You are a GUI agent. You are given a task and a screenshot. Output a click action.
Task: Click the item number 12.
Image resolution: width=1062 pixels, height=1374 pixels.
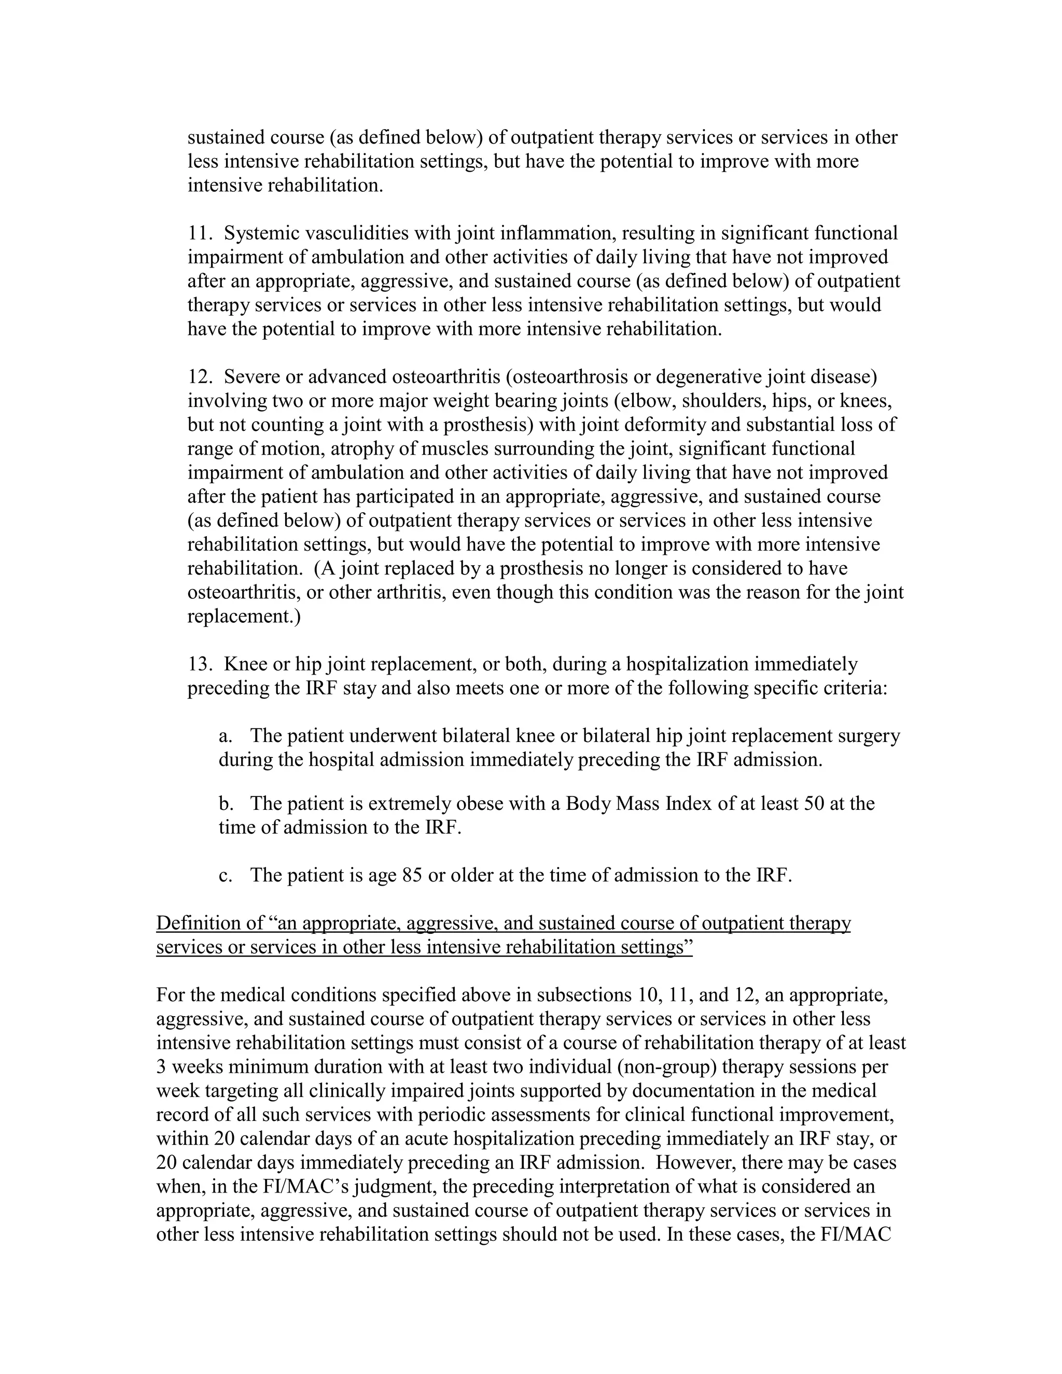pos(200,377)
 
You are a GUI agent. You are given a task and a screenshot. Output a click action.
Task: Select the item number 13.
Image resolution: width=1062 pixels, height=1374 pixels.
pos(200,664)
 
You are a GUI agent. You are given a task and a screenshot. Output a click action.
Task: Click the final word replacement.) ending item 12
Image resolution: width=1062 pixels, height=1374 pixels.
pos(244,616)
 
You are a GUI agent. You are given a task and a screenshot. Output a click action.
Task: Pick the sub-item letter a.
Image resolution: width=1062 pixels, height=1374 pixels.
pos(223,736)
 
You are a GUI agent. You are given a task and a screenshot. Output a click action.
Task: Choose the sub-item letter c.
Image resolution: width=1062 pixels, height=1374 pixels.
pos(223,876)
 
